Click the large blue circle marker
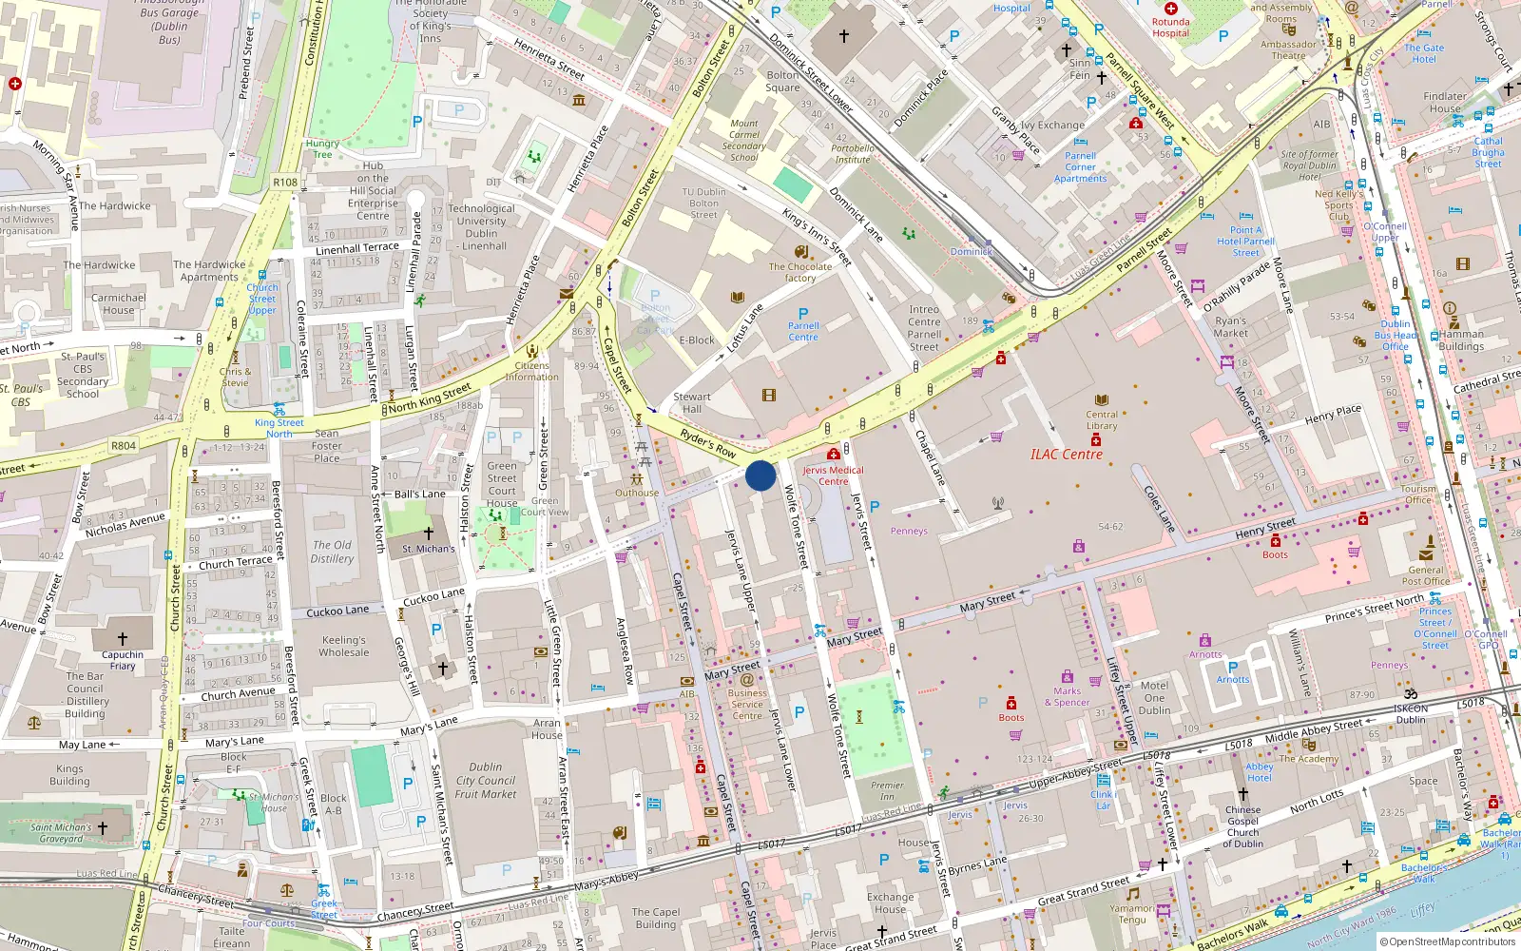pos(760,475)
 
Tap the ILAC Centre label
pos(1067,455)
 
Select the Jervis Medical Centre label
pos(833,475)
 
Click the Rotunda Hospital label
pos(1170,28)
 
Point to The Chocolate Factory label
pos(800,272)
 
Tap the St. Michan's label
pos(428,549)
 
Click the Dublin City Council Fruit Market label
pos(486,780)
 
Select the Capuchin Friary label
pos(123,660)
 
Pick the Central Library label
pos(1102,419)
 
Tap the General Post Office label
pos(1425,575)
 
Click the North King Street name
pos(430,398)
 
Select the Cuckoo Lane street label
pos(337,611)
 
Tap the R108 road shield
pos(285,182)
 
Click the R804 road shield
pos(124,445)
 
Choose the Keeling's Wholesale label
pos(344,646)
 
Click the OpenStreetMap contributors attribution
pos(1447,941)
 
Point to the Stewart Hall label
pos(692,402)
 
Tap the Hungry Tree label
pos(323,149)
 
